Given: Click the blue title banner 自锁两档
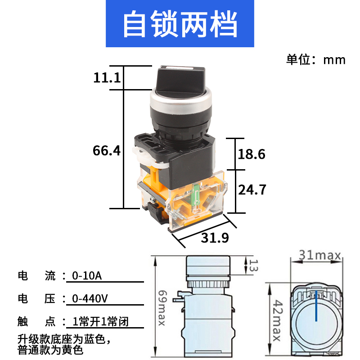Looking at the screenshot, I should click(x=180, y=25).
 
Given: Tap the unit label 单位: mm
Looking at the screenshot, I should click(x=315, y=59).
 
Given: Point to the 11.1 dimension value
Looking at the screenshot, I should click(x=107, y=78).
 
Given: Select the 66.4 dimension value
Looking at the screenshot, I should click(x=107, y=150).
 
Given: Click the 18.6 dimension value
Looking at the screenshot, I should click(x=251, y=154).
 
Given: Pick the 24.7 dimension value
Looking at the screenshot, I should click(x=252, y=189).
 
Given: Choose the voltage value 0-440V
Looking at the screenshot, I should click(x=90, y=298).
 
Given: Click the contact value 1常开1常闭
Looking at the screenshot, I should click(x=103, y=322).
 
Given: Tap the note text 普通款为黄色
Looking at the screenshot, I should click(x=50, y=348).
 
